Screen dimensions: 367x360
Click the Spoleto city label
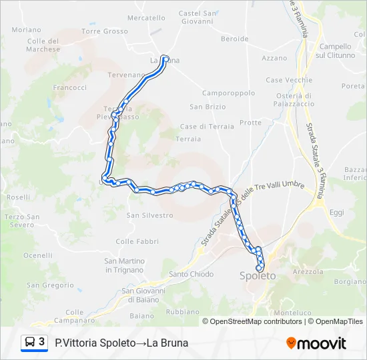click(x=258, y=275)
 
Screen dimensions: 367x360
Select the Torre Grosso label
click(x=105, y=31)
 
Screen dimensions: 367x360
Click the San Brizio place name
click(x=208, y=107)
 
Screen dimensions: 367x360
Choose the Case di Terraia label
click(x=207, y=126)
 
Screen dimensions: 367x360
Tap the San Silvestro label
click(x=150, y=215)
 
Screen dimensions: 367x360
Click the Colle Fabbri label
click(x=137, y=241)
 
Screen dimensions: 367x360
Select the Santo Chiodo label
click(x=192, y=274)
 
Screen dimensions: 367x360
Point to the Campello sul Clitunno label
click(x=335, y=51)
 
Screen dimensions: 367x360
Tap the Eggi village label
click(x=336, y=212)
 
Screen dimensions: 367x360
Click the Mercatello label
click(x=146, y=18)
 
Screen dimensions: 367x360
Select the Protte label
click(x=251, y=123)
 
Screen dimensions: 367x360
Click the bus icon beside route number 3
click(x=30, y=343)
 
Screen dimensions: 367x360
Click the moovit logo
click(x=316, y=343)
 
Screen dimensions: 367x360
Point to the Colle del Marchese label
click(x=45, y=45)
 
